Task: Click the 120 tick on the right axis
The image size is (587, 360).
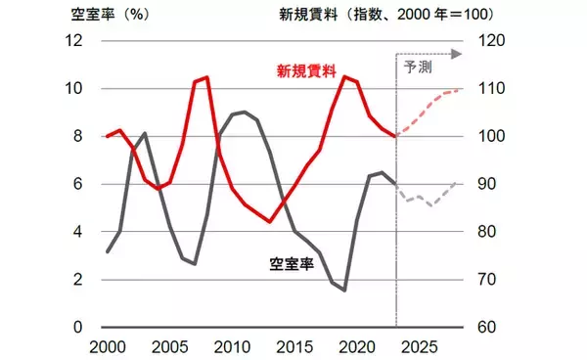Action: pos(489,41)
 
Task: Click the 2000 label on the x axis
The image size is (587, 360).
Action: pos(107,347)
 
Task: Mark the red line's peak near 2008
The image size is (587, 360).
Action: pos(206,77)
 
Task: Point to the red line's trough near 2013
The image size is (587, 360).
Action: pos(270,222)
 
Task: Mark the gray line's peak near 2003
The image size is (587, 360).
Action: pos(145,133)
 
